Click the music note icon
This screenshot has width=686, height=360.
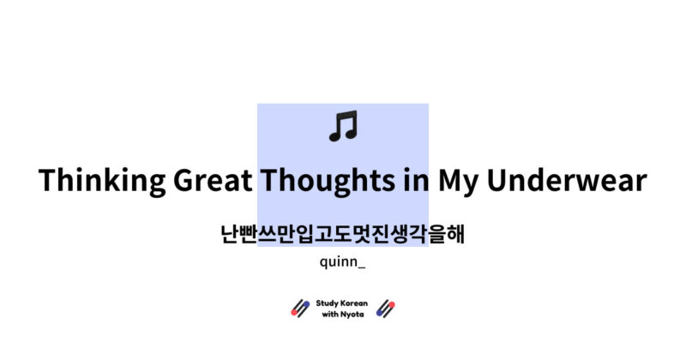click(343, 127)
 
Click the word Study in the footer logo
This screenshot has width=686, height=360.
click(328, 303)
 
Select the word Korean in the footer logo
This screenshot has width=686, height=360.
click(355, 303)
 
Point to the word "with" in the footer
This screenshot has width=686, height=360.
click(330, 315)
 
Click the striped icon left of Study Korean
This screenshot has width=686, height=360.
click(300, 309)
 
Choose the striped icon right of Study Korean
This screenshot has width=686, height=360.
click(386, 309)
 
